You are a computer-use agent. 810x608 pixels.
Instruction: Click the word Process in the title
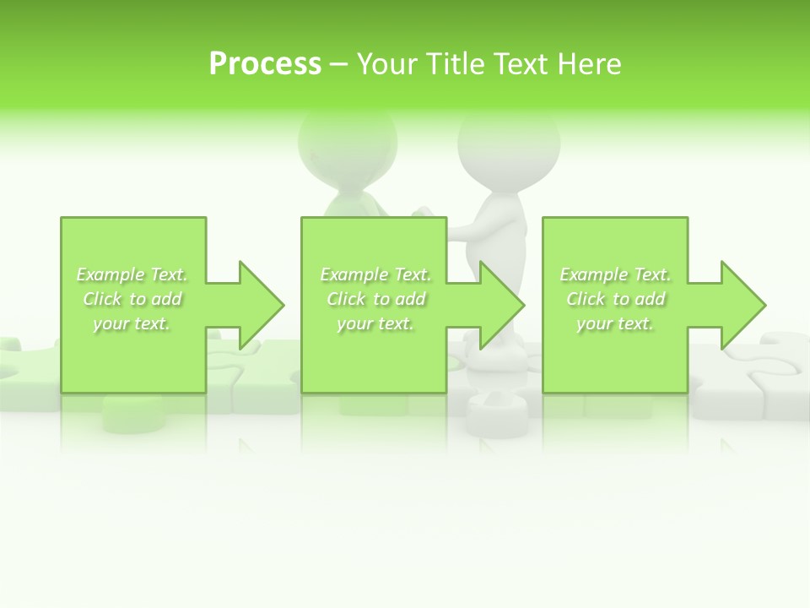pos(265,64)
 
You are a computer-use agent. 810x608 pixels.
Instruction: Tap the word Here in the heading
pos(588,64)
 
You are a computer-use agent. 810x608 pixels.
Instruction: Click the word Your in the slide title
pos(388,64)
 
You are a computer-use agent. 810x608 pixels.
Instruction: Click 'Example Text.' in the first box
pos(132,274)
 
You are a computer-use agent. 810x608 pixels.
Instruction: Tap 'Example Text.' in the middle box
pos(376,274)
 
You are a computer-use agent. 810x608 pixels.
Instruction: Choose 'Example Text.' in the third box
pos(616,274)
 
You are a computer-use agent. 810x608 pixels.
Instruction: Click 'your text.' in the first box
pos(132,323)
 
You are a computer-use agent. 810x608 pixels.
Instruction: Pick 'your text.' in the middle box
pos(375,323)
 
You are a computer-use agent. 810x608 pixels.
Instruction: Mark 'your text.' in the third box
pos(615,323)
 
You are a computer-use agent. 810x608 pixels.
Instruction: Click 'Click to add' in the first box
pos(132,299)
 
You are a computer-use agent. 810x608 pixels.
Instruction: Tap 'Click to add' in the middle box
pos(376,299)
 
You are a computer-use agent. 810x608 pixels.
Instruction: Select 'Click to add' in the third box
pos(616,299)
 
